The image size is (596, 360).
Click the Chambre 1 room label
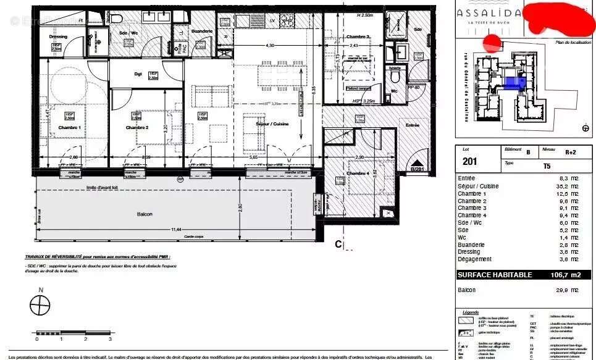pos(70,127)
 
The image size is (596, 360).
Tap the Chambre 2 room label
pos(137,127)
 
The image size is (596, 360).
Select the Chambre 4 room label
pos(359,174)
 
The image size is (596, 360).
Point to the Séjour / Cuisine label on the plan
pos(272,124)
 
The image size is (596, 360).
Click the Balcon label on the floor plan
pos(145,214)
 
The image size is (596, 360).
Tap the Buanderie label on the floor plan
pos(201,31)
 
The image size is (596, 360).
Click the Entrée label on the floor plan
pos(412,125)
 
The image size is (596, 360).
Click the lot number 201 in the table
pos(470,161)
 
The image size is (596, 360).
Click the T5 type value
pos(547,165)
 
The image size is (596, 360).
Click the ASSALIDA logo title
pos(489,13)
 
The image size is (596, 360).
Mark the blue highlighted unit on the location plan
pos(512,83)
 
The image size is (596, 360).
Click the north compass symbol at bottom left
pos(40,306)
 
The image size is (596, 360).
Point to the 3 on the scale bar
pos(110,338)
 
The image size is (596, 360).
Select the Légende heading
pos(471,312)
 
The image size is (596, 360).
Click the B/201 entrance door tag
pos(418,169)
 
